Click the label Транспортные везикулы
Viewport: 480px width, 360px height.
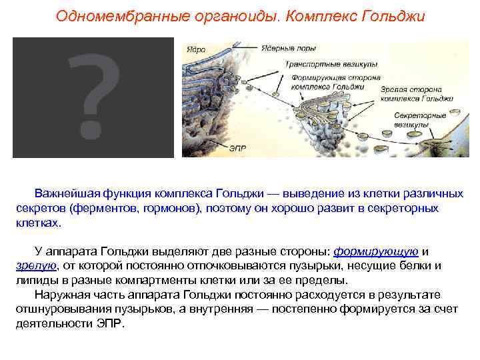(331, 65)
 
